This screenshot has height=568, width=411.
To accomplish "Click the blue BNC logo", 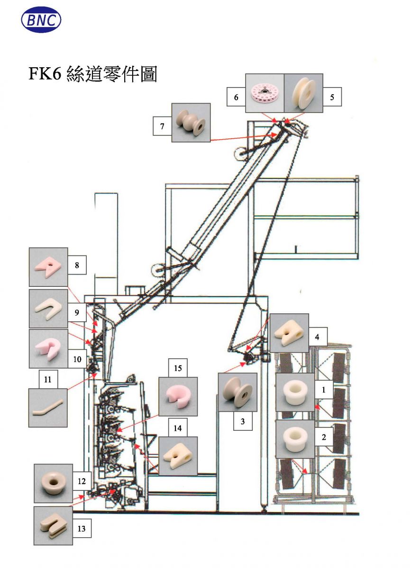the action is click(x=41, y=20).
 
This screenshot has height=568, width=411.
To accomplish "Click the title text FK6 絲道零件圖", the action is click(x=93, y=74).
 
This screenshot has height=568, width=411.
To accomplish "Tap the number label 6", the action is click(x=236, y=97).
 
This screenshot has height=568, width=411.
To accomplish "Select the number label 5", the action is click(x=332, y=97).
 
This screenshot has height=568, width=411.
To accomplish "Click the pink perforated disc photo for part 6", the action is click(x=265, y=93).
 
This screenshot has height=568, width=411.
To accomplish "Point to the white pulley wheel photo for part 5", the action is click(x=303, y=93).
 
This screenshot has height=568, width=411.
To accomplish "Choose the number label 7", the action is click(x=162, y=126).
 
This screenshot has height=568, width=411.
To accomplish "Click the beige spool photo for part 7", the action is click(x=191, y=123).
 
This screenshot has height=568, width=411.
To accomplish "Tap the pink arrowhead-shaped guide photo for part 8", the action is click(x=48, y=267).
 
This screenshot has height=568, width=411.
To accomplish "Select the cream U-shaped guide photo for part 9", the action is click(x=48, y=309).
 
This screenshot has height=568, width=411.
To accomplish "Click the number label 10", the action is click(x=77, y=359).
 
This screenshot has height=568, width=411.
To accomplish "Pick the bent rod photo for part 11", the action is click(x=48, y=408).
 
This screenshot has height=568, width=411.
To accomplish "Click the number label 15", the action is click(x=178, y=368).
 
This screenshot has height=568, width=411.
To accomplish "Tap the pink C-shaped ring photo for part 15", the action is click(x=178, y=396).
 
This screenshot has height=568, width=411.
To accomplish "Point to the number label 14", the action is click(x=178, y=428).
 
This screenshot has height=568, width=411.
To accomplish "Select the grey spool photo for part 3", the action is click(x=238, y=392).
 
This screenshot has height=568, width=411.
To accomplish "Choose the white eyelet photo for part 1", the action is click(x=295, y=392).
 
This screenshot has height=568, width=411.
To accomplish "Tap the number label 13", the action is click(x=82, y=533).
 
